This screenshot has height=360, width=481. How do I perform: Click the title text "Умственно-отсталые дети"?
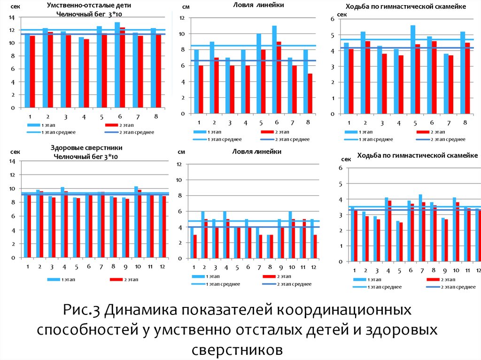[x=89, y=6]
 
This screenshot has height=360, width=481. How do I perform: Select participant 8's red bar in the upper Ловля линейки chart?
[x=310, y=94]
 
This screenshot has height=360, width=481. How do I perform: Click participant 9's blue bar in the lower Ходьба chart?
[x=442, y=239]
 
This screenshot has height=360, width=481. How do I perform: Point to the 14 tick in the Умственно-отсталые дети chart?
[x=12, y=17]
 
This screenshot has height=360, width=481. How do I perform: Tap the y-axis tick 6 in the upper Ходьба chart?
[x=332, y=19]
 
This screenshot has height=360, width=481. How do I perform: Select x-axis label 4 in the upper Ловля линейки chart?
[x=246, y=123]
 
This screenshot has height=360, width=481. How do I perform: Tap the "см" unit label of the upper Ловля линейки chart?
[x=186, y=8]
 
